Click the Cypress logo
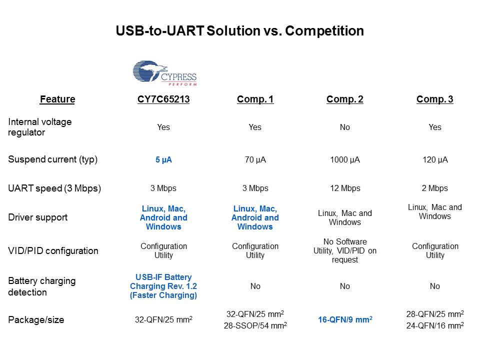tap(165, 73)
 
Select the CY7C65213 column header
tap(163, 99)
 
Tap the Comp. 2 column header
tap(344, 99)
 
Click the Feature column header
tap(57, 99)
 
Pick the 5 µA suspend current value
tap(163, 160)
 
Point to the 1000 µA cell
tap(345, 160)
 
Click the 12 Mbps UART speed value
tap(345, 188)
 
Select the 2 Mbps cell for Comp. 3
tap(434, 188)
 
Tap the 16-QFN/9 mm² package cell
tap(345, 319)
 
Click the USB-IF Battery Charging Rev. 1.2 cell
tap(163, 286)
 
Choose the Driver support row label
tap(37, 217)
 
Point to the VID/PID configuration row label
tap(53, 250)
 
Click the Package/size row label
tap(36, 320)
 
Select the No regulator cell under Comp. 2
tap(344, 127)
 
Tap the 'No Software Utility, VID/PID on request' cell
tap(344, 250)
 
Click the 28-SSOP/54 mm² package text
tap(255, 325)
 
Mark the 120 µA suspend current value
tap(435, 160)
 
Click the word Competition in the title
tap(324, 31)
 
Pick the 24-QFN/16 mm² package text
tap(435, 325)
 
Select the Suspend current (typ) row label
tap(52, 159)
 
